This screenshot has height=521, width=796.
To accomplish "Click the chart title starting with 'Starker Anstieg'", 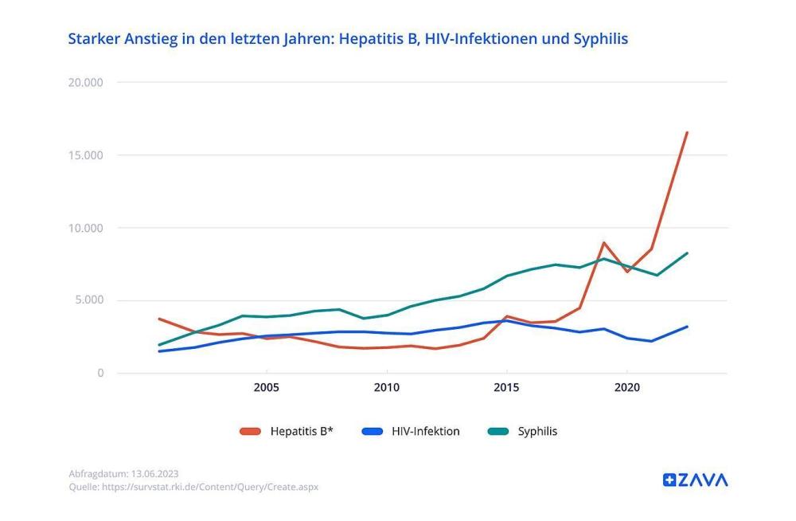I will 348,39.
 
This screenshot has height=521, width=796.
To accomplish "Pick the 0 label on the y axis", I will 100,373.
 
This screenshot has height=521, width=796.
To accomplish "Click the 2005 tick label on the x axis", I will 266,388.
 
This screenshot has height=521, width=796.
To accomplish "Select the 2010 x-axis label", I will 386,388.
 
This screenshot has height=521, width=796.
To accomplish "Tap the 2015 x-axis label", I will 506,388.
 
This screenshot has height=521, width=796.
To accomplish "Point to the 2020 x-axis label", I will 626,388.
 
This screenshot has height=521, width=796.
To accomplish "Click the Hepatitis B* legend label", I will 301,432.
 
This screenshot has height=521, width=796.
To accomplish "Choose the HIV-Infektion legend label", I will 425,432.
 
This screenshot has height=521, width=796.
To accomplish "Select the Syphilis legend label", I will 537,432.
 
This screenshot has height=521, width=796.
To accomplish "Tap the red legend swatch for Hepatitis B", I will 250,432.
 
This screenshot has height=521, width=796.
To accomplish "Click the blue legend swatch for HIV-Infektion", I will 372,432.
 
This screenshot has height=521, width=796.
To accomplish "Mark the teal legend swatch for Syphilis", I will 497,432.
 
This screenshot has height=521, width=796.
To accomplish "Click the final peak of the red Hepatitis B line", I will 687,133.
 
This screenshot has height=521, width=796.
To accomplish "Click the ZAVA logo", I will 695,480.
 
